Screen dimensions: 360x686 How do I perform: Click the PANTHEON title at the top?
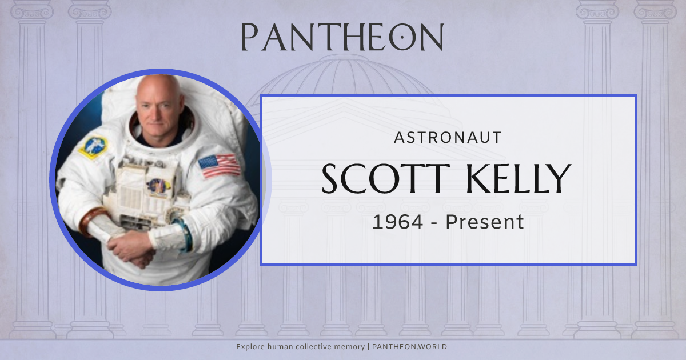pos(342,37)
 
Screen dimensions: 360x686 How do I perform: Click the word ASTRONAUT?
pos(448,137)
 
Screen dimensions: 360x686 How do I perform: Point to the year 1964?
pos(398,222)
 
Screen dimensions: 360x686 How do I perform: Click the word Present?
pos(485,222)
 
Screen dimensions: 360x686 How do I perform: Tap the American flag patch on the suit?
pos(220,166)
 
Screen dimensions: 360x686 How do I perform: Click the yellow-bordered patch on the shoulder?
pos(93,146)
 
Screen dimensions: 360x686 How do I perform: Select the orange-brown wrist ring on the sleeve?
pos(87,221)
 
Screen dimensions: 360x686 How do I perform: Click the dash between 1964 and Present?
pos(434,222)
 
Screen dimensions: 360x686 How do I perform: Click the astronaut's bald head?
pos(157,89)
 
